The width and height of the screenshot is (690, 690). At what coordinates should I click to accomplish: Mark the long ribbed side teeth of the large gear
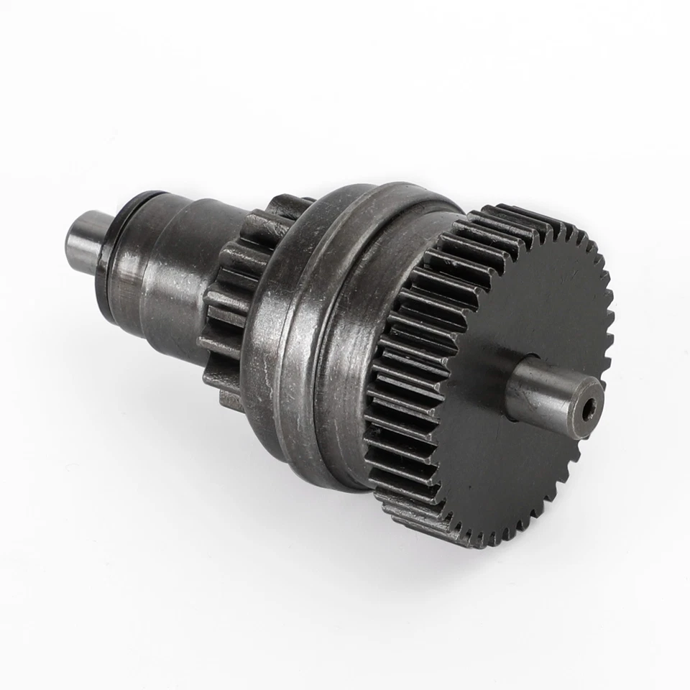(x=410, y=374)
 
